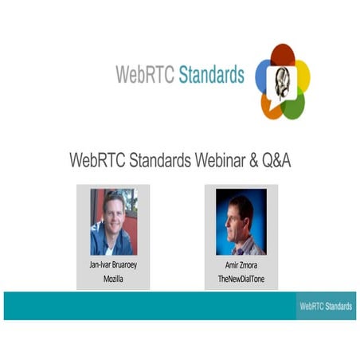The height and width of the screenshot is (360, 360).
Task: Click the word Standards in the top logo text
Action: point(211,76)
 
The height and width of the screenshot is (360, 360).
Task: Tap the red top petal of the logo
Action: point(283,57)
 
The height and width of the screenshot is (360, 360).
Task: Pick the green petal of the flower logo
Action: point(293,104)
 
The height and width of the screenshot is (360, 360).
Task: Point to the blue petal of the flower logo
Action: point(264,76)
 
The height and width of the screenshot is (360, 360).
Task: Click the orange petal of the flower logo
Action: point(271,106)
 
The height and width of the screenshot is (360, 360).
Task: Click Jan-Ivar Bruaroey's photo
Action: point(113,221)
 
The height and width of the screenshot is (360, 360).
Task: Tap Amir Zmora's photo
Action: point(241,221)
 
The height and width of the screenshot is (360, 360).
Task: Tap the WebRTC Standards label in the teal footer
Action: point(326,306)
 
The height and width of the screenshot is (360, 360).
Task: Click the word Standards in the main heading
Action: point(149,160)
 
